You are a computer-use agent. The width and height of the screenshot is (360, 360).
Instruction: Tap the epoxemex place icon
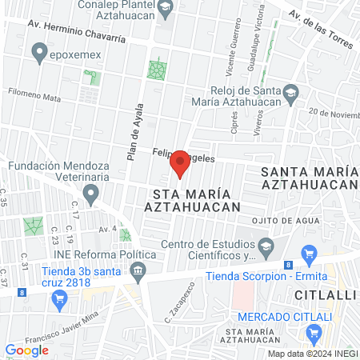pos(38,54)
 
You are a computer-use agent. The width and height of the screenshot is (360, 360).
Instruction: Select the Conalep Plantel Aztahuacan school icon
pos(166,10)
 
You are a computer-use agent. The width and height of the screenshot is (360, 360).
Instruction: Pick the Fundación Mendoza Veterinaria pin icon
pos(92,193)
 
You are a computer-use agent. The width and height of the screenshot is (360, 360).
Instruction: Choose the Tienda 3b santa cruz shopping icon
pos(58,300)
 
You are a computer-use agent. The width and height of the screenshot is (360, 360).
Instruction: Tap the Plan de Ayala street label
pos(134,133)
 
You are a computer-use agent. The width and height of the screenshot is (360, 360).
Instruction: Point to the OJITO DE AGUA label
pos(278,222)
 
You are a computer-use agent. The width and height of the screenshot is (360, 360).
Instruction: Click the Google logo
pos(26,350)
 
